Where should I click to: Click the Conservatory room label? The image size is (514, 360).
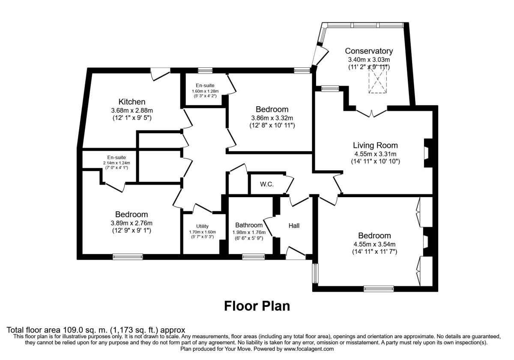pyautogui.click(x=369, y=51)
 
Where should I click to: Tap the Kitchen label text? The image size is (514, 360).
pyautogui.click(x=132, y=102)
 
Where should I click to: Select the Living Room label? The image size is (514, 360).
pyautogui.click(x=375, y=145)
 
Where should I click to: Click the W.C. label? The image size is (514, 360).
pyautogui.click(x=267, y=185)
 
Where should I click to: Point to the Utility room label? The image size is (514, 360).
pyautogui.click(x=202, y=226)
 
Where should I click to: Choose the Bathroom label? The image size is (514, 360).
pyautogui.click(x=249, y=225)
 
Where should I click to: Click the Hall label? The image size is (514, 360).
pyautogui.click(x=294, y=225)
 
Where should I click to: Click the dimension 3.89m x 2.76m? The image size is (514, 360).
pyautogui.click(x=131, y=223)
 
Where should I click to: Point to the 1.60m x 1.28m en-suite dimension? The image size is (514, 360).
pyautogui.click(x=205, y=91)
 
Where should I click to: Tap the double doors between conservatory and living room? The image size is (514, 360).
pyautogui.click(x=371, y=113)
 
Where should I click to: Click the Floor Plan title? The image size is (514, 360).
pyautogui.click(x=257, y=306)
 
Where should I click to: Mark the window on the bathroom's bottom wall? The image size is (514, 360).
pyautogui.click(x=253, y=257)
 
